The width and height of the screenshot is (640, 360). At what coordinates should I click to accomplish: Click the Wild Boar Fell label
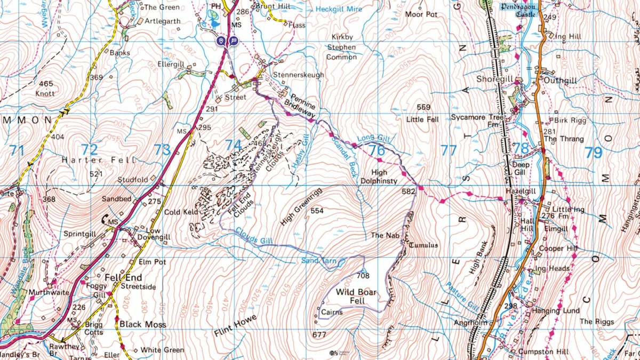pyautogui.click(x=356, y=297)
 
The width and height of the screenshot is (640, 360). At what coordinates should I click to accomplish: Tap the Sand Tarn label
pyautogui.click(x=319, y=260)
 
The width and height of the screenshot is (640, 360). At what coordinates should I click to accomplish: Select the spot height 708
pyautogui.click(x=363, y=276)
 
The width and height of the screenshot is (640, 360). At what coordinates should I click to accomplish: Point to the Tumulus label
pyautogui.click(x=423, y=245)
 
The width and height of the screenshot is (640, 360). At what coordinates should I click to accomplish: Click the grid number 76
pyautogui.click(x=377, y=150)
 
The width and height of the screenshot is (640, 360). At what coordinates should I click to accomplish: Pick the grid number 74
pyautogui.click(x=233, y=145)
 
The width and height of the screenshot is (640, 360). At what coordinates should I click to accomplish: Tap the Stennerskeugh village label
pyautogui.click(x=298, y=75)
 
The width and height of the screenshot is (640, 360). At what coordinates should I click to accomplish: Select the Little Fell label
pyautogui.click(x=422, y=119)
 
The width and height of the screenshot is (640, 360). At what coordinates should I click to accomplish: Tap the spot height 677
pyautogui.click(x=319, y=334)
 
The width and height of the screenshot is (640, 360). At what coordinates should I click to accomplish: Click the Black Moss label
pyautogui.click(x=142, y=324)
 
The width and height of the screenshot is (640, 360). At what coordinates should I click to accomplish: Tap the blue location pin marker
pyautogui.click(x=221, y=41)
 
